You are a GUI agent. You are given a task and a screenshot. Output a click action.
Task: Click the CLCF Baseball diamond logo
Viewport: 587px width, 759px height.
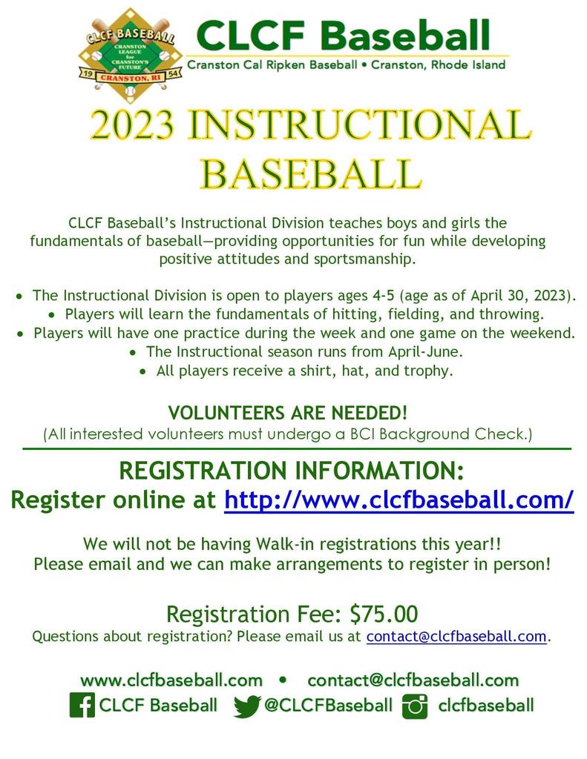click(x=130, y=55)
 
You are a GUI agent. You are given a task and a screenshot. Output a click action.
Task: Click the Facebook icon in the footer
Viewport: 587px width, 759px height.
click(x=82, y=705)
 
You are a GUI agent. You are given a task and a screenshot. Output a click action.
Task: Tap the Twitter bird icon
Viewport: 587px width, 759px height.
click(x=246, y=706)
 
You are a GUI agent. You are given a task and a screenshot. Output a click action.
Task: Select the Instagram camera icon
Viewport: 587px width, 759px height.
click(x=414, y=706)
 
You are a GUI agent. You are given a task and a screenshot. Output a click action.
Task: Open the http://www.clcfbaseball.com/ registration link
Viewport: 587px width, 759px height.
click(x=399, y=500)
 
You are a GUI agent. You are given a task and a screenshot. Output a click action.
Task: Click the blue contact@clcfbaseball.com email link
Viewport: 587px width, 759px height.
click(x=456, y=636)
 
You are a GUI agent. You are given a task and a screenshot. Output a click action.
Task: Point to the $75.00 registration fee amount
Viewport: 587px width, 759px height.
click(x=384, y=614)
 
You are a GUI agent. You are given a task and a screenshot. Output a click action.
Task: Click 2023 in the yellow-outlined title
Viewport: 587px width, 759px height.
click(x=132, y=125)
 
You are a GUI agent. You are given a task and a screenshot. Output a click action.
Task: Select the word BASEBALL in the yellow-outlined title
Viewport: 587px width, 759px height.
click(x=311, y=173)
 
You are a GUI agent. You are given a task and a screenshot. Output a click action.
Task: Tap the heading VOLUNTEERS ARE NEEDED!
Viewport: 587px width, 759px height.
click(x=287, y=413)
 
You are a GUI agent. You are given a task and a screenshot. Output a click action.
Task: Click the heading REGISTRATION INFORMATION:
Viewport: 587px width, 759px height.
click(x=292, y=471)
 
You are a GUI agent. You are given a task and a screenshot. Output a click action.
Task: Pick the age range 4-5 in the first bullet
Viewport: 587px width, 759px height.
click(x=382, y=295)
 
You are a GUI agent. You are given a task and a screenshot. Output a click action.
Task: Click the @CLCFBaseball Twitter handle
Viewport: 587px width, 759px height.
click(x=328, y=706)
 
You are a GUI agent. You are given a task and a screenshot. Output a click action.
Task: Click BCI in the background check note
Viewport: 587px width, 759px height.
click(x=362, y=434)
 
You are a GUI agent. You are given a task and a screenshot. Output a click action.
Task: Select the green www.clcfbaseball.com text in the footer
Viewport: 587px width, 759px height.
click(x=171, y=680)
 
